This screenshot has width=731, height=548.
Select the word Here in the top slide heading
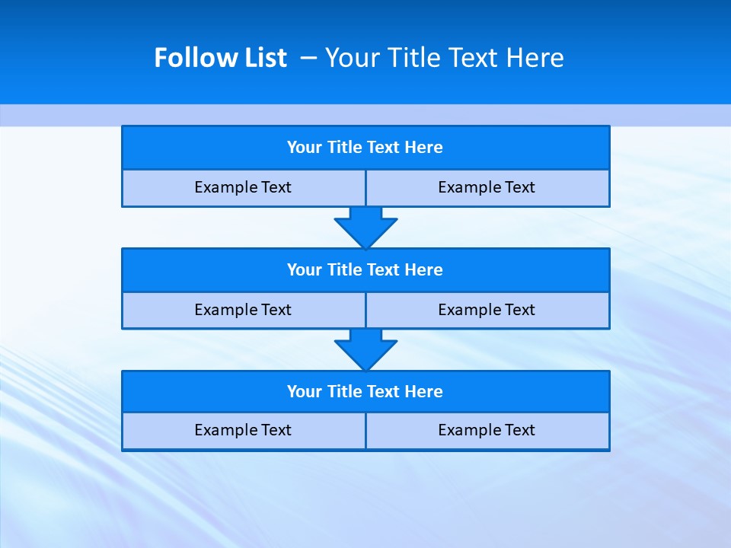pos(536,58)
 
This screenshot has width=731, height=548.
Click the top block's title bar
pos(365,148)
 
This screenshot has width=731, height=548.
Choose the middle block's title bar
pos(365,270)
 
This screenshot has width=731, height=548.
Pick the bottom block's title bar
pos(365,392)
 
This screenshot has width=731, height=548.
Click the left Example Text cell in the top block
pos(243,187)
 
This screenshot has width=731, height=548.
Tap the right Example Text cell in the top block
pos(487,187)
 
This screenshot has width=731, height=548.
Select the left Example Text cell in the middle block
pos(243,310)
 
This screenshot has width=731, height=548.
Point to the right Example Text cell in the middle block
pos(487,310)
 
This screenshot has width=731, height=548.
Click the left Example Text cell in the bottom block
pos(243,431)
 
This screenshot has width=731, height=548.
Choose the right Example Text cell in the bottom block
pos(487,431)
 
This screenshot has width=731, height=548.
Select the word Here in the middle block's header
pos(424,270)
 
